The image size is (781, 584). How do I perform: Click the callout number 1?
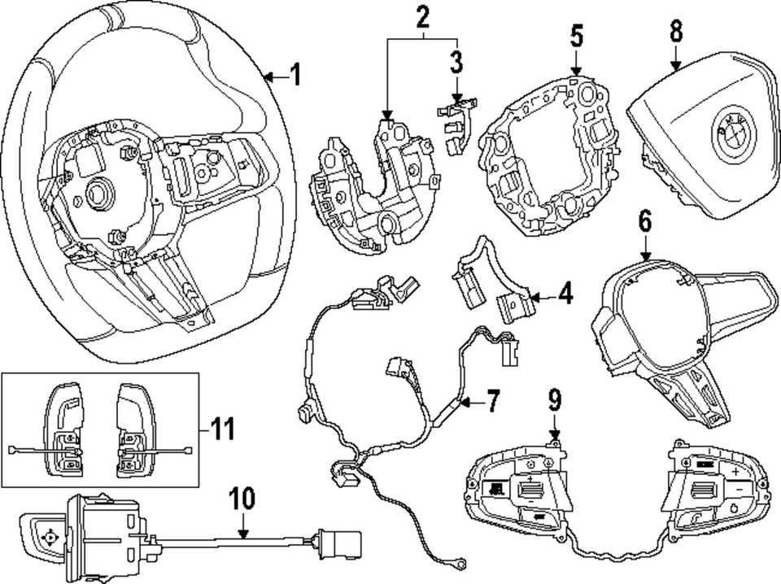point(295,76)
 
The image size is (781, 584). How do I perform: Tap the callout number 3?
point(456,61)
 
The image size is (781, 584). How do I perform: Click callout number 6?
point(645,220)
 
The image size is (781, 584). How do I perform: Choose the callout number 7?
point(492,400)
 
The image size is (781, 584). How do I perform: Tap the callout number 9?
point(553,400)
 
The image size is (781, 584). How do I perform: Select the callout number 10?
point(243,498)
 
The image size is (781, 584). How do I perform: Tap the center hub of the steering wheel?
point(98,193)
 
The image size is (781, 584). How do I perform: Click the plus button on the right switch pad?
point(734,472)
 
